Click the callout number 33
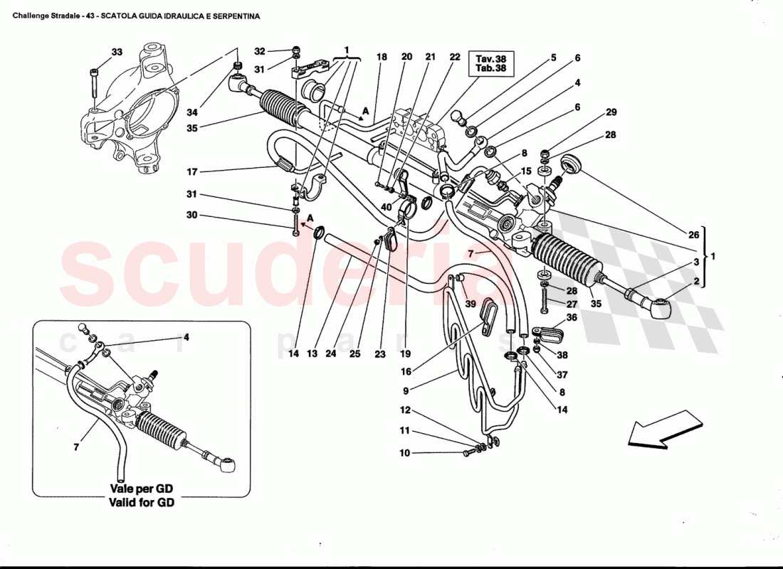coord(117,52)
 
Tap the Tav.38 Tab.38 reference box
coord(490,63)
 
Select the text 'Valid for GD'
coord(141,502)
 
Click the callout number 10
coord(404,453)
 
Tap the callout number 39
coord(471,304)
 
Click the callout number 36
coord(571,318)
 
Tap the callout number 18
coord(382,57)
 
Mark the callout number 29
coord(611,112)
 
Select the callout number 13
coord(312,353)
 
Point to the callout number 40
coord(386,207)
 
